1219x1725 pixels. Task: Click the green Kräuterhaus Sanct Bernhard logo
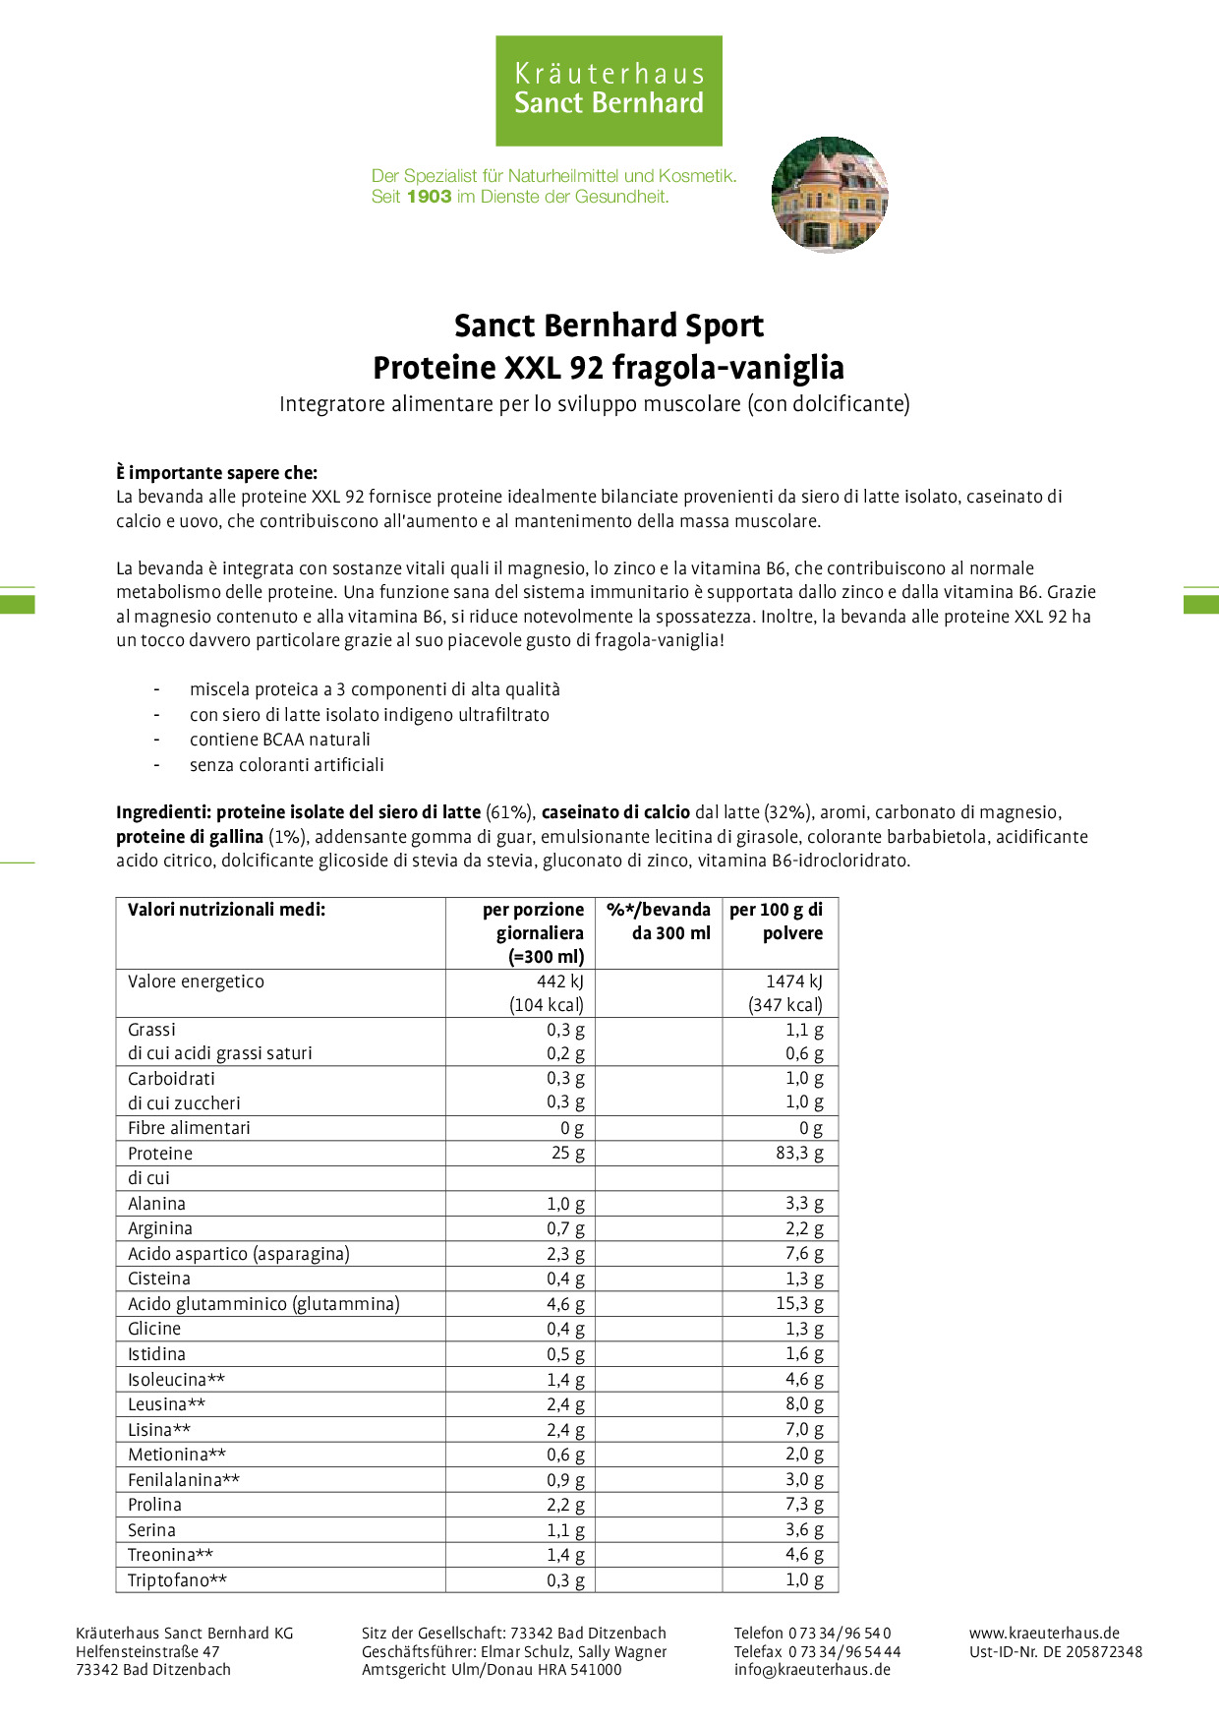click(609, 90)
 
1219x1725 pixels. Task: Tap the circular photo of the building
click(830, 195)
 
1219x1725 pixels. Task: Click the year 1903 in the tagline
click(429, 197)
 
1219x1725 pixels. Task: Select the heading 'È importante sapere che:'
click(216, 473)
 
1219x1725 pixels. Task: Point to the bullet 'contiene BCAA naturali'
click(280, 740)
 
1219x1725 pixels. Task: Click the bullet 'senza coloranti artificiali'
click(287, 765)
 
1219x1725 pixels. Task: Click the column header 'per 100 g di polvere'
click(777, 922)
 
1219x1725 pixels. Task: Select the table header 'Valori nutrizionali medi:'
click(226, 910)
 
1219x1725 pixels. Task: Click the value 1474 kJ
click(794, 981)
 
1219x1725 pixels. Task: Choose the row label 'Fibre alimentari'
click(189, 1128)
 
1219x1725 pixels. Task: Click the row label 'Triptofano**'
click(177, 1580)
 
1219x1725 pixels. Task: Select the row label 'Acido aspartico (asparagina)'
click(239, 1254)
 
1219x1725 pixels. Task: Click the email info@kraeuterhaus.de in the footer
click(812, 1669)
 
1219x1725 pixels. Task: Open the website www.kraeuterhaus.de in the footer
click(1044, 1634)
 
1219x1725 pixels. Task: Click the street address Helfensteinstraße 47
click(147, 1652)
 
